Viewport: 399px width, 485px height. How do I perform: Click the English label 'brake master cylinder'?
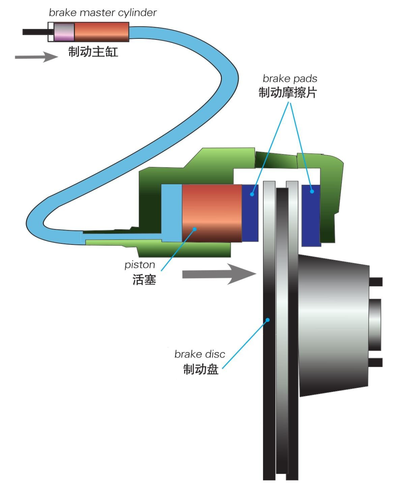point(102,13)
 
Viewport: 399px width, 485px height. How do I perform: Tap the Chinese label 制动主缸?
point(93,51)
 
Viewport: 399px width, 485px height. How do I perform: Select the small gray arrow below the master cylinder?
point(36,57)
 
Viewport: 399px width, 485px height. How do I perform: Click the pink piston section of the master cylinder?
point(64,32)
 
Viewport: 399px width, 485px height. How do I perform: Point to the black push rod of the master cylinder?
point(35,32)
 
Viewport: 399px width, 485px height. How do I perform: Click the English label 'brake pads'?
point(290,78)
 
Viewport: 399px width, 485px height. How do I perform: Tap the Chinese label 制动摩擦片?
point(287,92)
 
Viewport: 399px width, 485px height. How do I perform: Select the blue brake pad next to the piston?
point(250,213)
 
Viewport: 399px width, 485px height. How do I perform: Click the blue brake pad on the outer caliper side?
point(311,215)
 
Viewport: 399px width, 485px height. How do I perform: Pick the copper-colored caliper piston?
point(212,213)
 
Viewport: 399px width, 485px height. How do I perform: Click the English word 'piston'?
point(140,265)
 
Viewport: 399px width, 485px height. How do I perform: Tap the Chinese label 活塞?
point(144,280)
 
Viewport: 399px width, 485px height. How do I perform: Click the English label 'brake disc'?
point(199,354)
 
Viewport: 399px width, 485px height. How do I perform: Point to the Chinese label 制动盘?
point(201,369)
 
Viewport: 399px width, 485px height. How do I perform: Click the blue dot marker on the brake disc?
point(268,320)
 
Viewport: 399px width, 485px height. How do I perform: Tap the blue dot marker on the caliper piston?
point(195,229)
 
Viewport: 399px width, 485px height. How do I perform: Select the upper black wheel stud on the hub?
point(376,282)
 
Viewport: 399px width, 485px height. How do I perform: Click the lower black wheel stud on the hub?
point(376,362)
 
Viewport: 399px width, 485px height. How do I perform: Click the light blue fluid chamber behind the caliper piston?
point(172,213)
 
